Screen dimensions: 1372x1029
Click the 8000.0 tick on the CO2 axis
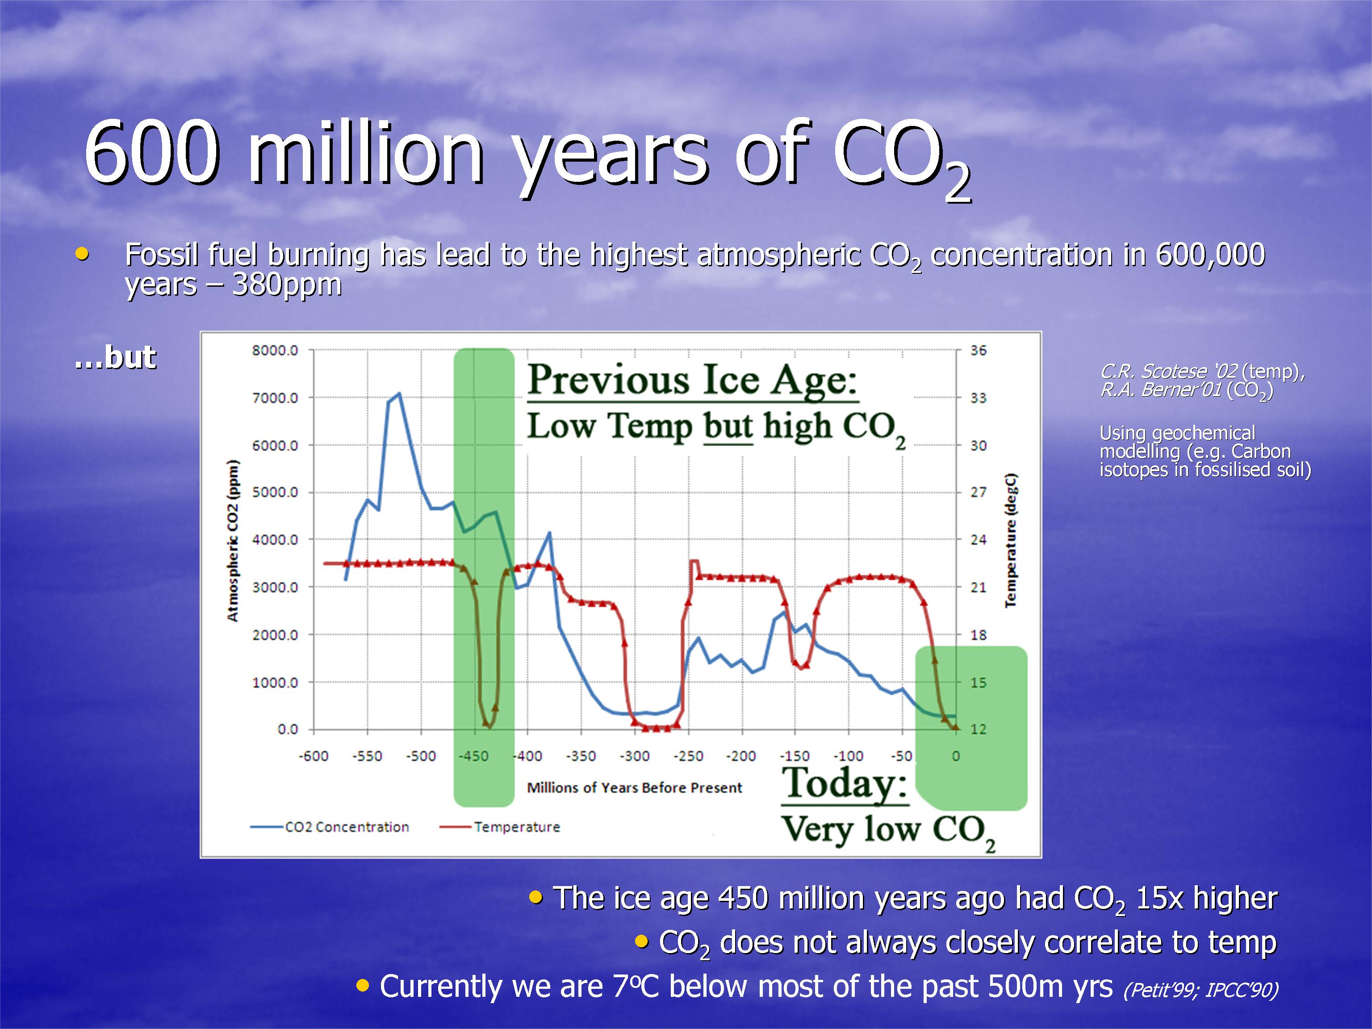click(275, 351)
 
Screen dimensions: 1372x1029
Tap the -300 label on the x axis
click(635, 756)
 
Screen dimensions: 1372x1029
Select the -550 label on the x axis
click(367, 756)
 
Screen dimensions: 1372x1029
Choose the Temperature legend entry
click(500, 827)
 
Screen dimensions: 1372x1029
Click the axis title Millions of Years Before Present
click(635, 788)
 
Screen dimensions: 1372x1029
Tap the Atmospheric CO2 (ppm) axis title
click(233, 541)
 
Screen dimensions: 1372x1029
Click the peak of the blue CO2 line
click(399, 393)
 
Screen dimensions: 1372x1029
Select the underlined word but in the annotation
click(728, 427)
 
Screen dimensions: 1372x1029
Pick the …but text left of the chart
click(115, 357)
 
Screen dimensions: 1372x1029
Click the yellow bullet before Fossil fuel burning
click(82, 254)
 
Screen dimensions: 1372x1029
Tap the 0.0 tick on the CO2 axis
click(287, 729)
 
